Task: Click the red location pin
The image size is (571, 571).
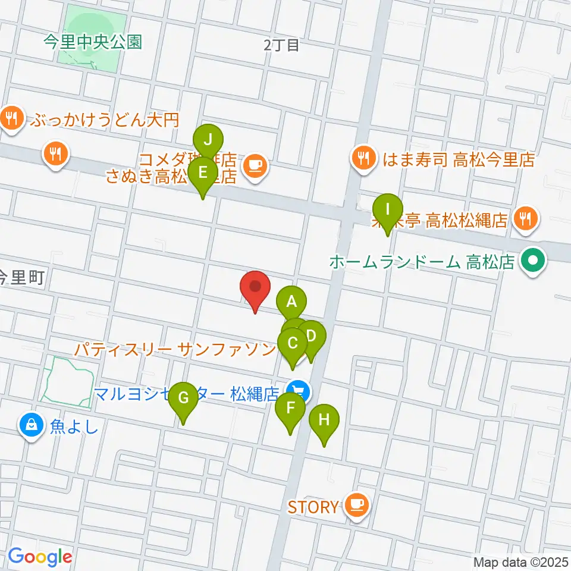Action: [256, 288]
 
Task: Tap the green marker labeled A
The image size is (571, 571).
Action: [291, 302]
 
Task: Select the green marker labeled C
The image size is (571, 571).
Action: [293, 344]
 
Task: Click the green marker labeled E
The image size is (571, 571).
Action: [203, 174]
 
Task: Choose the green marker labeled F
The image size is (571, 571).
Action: [290, 409]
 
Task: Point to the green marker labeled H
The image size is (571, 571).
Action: [324, 421]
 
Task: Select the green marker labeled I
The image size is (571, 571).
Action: [388, 211]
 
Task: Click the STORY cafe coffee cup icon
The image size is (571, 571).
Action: [356, 506]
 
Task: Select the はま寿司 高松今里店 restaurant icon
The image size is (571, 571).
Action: [363, 158]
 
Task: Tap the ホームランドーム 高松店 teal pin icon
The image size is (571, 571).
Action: [533, 261]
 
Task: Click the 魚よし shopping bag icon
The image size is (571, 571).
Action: [30, 425]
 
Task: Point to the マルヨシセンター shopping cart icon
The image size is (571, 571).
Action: [298, 392]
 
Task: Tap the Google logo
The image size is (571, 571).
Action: [40, 557]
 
